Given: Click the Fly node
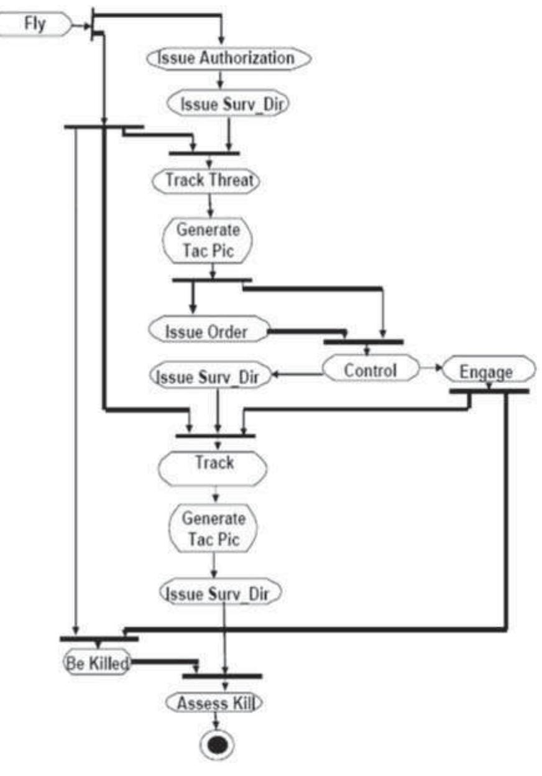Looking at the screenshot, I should click(x=35, y=26).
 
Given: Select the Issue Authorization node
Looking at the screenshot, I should click(x=227, y=58).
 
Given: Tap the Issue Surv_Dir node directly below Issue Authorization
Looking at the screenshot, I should click(x=228, y=103).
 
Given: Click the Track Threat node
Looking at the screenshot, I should click(x=209, y=181).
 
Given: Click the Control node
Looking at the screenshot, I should click(x=370, y=371).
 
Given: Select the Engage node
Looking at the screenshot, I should click(x=487, y=372).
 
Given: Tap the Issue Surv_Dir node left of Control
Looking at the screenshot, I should click(x=213, y=376).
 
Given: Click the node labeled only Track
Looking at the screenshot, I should click(x=213, y=463).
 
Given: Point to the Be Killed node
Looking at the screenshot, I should click(x=97, y=663).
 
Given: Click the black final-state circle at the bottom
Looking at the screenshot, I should click(x=216, y=745).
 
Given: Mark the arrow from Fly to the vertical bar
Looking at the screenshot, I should click(x=81, y=25).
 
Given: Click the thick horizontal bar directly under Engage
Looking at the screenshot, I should click(x=489, y=391).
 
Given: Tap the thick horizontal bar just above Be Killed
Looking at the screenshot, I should click(x=99, y=639).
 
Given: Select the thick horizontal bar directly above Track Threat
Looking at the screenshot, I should click(x=204, y=152).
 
